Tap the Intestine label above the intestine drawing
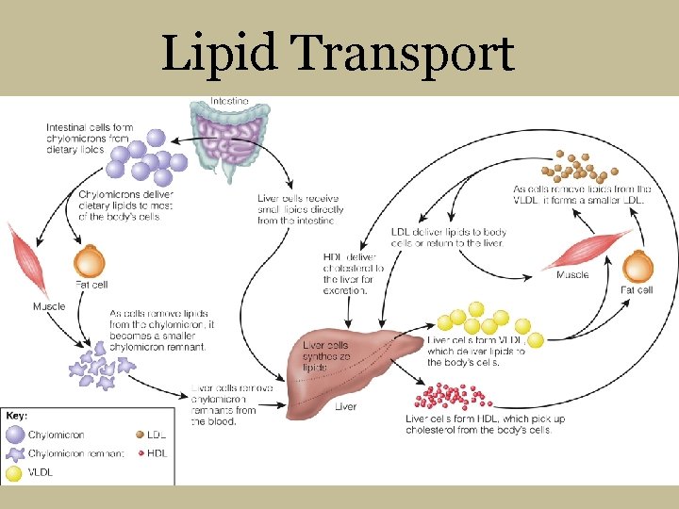[x=229, y=100]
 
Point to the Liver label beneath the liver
[x=345, y=407]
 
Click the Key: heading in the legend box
[x=17, y=415]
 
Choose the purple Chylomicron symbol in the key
[x=16, y=435]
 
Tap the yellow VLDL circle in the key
[x=16, y=473]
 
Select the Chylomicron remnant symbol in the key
[x=16, y=453]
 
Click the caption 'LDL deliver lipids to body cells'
[x=449, y=238]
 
